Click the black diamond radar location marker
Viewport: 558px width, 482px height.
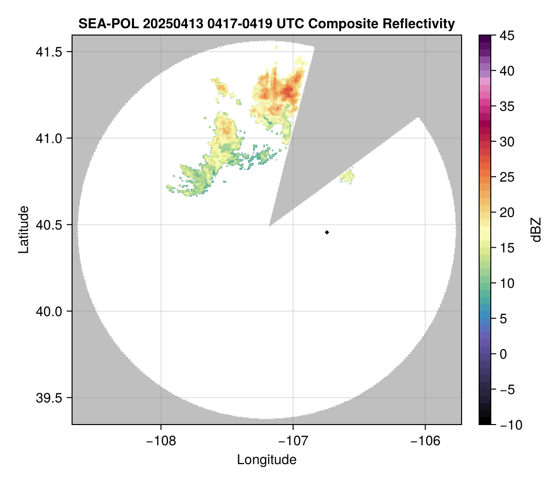click(x=327, y=232)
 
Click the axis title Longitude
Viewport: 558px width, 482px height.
click(x=267, y=460)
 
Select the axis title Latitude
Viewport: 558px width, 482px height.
click(x=23, y=229)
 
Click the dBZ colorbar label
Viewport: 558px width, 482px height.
click(x=536, y=230)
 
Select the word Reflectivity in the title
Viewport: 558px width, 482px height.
click(x=418, y=23)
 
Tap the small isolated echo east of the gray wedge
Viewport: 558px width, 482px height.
click(x=348, y=176)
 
